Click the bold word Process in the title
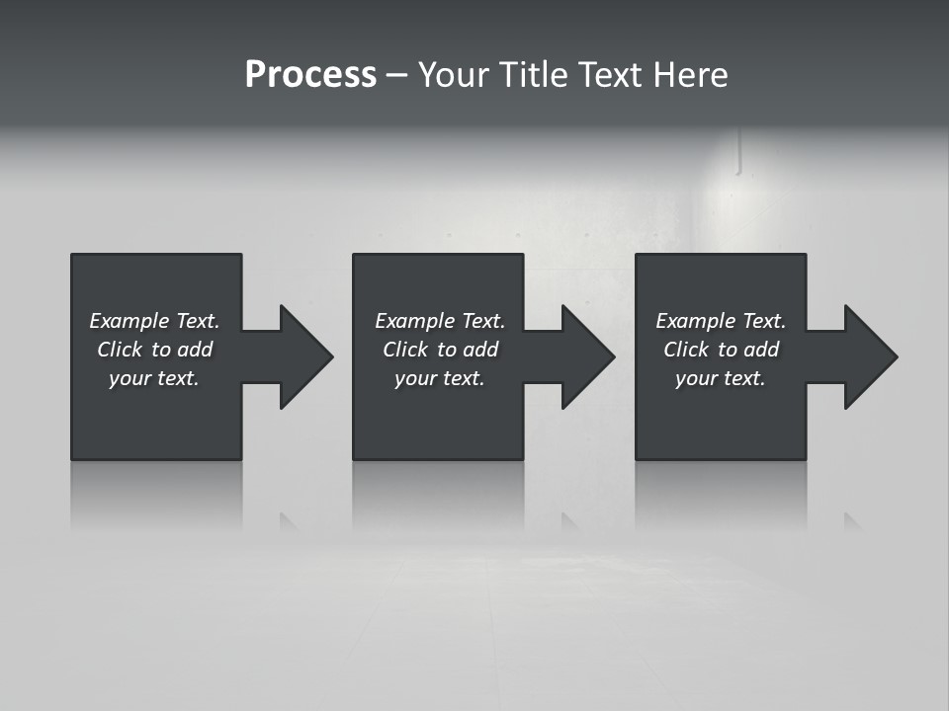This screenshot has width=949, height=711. coord(310,75)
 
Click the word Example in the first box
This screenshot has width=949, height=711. coord(129,321)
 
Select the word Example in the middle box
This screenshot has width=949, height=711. coord(414,321)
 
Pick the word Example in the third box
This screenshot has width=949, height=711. coord(695,321)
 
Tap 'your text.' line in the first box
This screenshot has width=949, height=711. coord(153,378)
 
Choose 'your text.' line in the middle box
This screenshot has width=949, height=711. coord(439,378)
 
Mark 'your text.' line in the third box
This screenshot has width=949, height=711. coord(720,378)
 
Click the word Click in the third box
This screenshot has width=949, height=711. coord(686,350)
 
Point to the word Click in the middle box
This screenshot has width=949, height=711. coord(405,350)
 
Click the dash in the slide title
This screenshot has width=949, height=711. coord(396,75)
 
